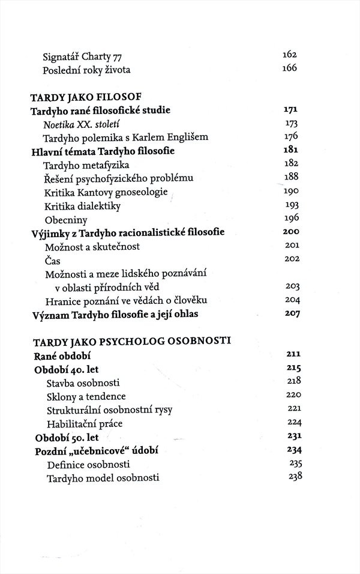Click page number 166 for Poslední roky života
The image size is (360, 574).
290,68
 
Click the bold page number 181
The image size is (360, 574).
291,150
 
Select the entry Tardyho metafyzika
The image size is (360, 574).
87,165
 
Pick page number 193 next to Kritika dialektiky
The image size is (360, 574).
290,205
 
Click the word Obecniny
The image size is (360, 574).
67,219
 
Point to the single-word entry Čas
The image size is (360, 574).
53,260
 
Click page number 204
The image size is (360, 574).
290,300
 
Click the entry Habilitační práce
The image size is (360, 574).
84,424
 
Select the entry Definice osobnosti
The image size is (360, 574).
88,465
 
